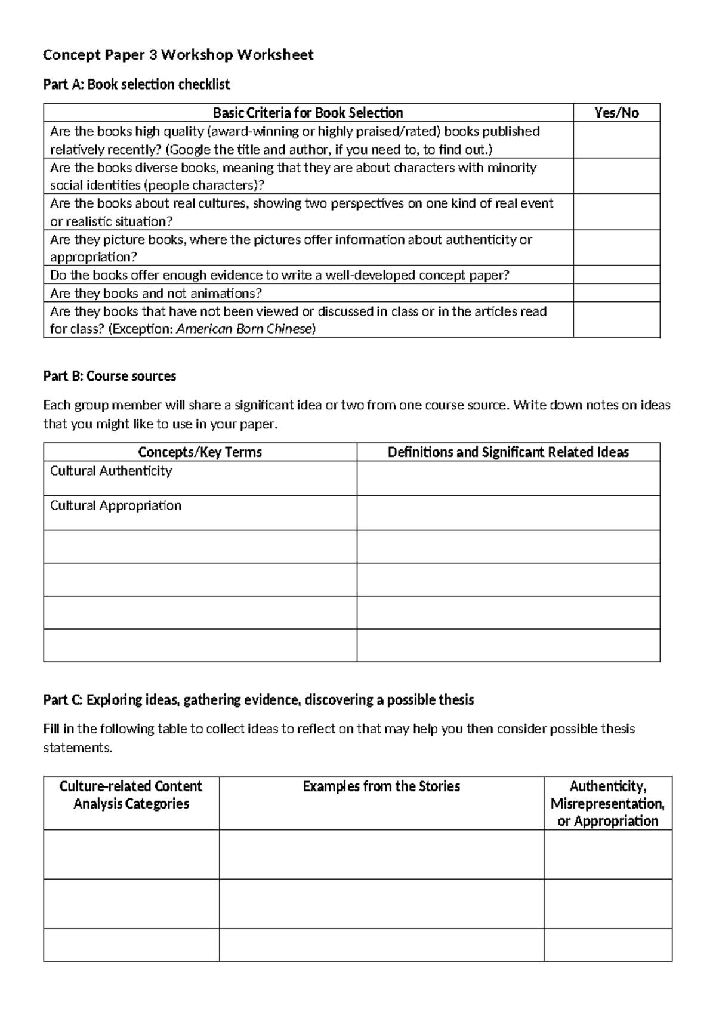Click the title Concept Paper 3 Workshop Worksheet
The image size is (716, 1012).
[178, 55]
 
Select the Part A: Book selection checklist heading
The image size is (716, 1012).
[136, 85]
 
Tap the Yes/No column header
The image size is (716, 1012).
[616, 113]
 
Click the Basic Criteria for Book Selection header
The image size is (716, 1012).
[308, 113]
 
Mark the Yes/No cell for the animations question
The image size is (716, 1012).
[616, 293]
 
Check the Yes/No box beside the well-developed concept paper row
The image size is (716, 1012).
[616, 275]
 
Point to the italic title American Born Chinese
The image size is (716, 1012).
[245, 329]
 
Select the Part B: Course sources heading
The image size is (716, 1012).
[110, 377]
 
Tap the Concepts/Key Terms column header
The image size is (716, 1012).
[200, 452]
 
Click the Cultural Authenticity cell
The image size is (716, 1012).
[111, 471]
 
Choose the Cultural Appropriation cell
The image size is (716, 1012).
[116, 505]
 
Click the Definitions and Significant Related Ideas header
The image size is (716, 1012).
[508, 452]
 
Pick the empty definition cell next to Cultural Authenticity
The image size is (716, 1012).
[508, 479]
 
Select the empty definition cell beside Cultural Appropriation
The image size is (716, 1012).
[508, 513]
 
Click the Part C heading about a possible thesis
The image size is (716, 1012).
[258, 700]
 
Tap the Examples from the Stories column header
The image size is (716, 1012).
[381, 786]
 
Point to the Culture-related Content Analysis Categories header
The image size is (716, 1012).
[131, 795]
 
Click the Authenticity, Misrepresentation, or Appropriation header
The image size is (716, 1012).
[607, 803]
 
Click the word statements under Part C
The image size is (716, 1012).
[77, 748]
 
